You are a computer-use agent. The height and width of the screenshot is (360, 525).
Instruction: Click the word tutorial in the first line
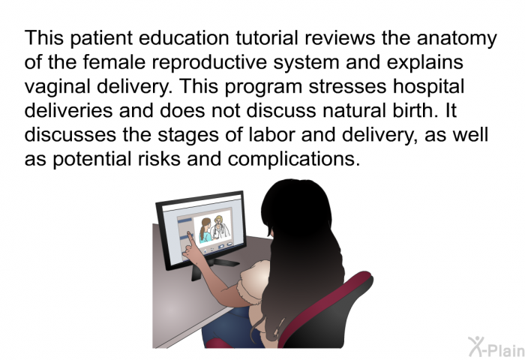click(266, 37)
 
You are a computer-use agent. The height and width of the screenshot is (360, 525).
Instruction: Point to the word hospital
click(428, 87)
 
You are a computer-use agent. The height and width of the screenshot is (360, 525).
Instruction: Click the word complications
click(294, 160)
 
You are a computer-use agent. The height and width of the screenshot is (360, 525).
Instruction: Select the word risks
click(159, 159)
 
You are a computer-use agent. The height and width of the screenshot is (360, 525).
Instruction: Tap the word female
click(114, 62)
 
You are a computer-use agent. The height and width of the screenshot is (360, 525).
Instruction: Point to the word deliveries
click(68, 110)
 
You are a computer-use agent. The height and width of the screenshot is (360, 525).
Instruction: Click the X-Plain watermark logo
click(496, 346)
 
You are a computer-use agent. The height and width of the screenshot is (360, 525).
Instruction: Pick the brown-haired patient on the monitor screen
click(205, 230)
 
